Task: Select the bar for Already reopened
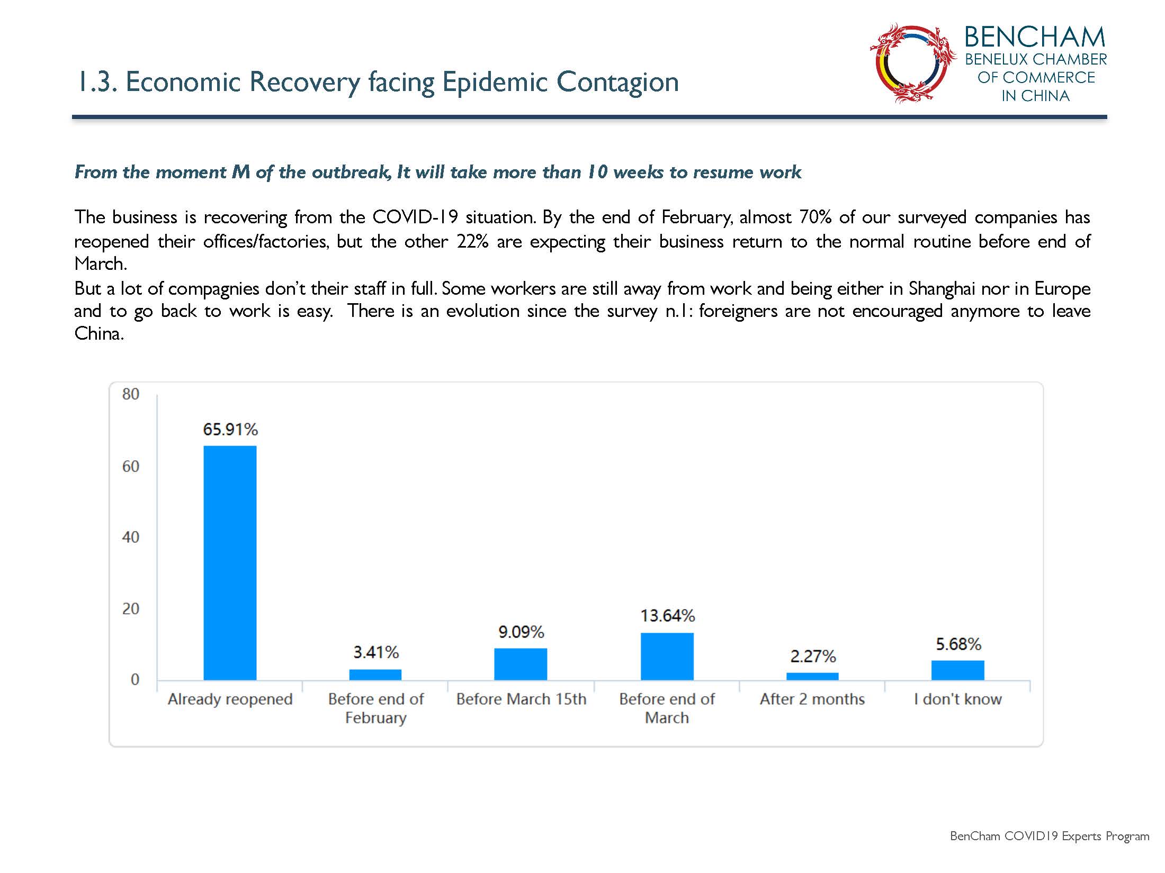coord(230,562)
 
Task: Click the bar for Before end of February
coord(375,675)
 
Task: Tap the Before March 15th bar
coord(521,664)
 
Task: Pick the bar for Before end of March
coord(667,656)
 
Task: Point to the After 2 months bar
coord(812,676)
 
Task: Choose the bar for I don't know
coord(958,670)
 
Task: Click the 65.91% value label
coord(230,429)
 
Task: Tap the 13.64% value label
coord(668,616)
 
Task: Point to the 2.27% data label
coord(813,657)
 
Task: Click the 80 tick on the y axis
coord(131,394)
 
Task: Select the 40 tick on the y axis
coord(131,537)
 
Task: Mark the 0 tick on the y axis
coord(135,679)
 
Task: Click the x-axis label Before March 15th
coord(521,699)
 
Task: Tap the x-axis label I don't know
coord(958,699)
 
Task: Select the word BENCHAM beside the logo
coord(1035,37)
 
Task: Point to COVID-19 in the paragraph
coord(415,217)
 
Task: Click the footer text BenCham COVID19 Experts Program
coord(1050,836)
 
